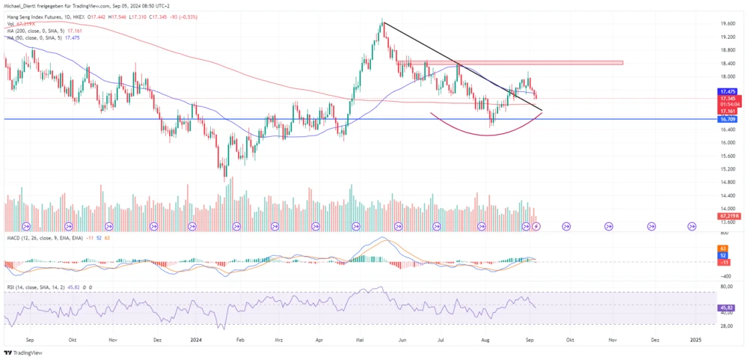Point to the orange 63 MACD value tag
tap(723, 248)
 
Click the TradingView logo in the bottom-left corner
tap(23, 353)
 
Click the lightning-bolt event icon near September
tap(536, 225)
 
